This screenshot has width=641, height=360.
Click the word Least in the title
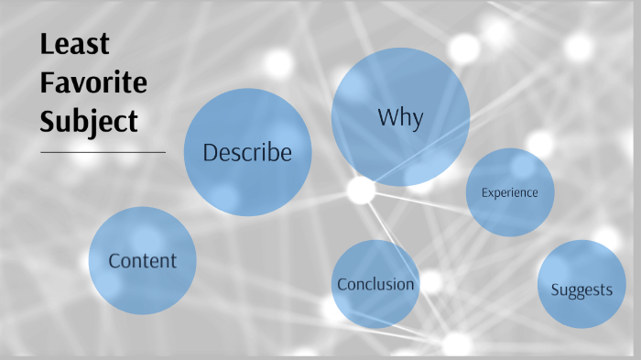[x=74, y=44]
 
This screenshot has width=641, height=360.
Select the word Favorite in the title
[x=92, y=82]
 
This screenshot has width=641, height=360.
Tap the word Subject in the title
[x=89, y=121]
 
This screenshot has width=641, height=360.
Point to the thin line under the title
[x=103, y=151]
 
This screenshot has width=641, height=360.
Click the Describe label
[x=247, y=152]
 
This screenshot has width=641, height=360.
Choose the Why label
[x=400, y=117]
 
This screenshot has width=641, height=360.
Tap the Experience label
[x=509, y=192]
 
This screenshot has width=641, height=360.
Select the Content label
[x=142, y=261]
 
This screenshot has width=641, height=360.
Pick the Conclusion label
[x=375, y=284]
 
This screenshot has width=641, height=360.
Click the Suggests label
[x=581, y=290]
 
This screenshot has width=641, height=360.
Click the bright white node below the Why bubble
[x=361, y=190]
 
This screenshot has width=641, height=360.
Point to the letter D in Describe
[x=210, y=152]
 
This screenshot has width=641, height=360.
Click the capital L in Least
[x=47, y=44]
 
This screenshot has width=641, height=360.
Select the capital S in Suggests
[x=555, y=290]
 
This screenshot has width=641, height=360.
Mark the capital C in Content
[x=114, y=261]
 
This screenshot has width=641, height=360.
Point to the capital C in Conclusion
[x=342, y=284]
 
